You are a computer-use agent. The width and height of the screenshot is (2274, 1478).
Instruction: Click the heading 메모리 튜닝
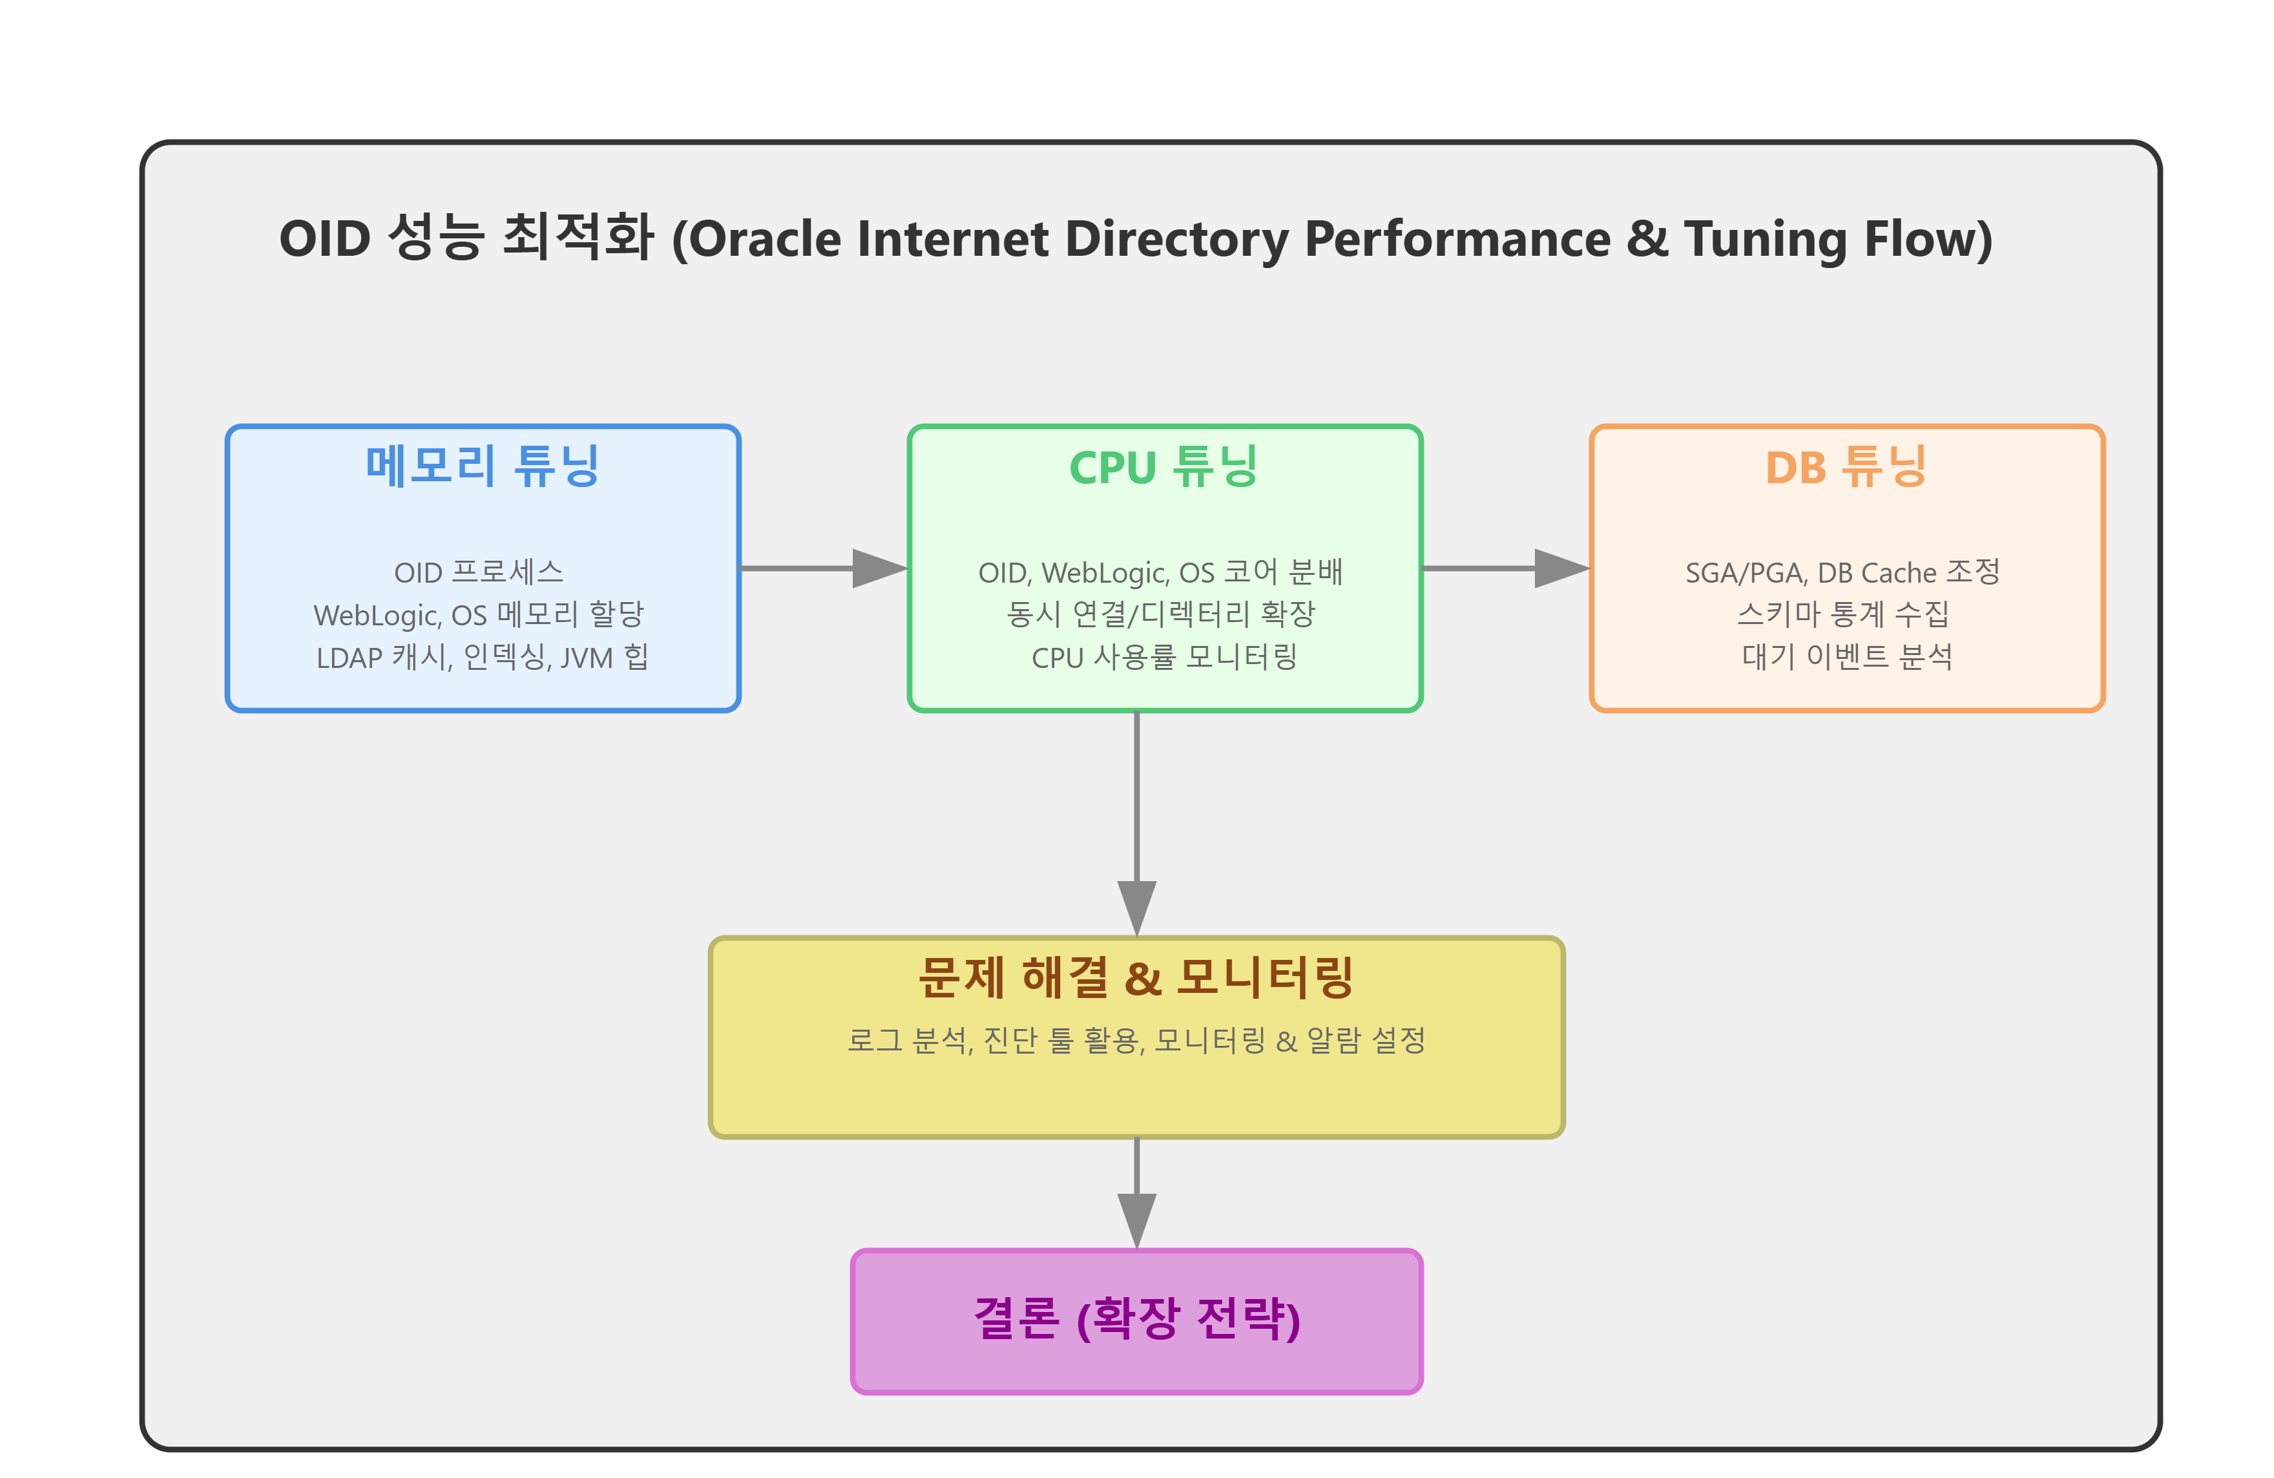(483, 466)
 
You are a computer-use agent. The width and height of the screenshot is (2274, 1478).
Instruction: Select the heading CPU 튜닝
(1163, 466)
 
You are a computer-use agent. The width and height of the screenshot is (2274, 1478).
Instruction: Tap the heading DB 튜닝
(1846, 466)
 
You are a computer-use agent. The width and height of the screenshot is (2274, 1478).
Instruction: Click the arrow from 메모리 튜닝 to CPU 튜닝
(822, 568)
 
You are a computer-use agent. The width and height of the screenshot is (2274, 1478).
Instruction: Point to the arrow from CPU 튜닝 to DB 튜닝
(1505, 568)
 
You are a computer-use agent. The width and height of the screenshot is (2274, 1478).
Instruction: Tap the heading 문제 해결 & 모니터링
(1136, 977)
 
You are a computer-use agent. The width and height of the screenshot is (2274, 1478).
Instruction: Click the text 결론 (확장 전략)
(1136, 1319)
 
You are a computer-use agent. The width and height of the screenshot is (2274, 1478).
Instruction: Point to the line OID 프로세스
(479, 572)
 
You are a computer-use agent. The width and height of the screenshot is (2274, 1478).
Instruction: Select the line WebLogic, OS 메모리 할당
(479, 614)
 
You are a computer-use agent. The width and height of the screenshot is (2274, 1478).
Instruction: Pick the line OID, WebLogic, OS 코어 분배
(1161, 572)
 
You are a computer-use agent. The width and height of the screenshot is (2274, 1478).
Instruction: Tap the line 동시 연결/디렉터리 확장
(1161, 614)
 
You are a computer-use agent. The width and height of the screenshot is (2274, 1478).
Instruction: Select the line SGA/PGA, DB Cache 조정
(1842, 572)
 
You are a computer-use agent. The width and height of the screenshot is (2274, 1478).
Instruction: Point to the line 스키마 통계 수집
(1842, 614)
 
